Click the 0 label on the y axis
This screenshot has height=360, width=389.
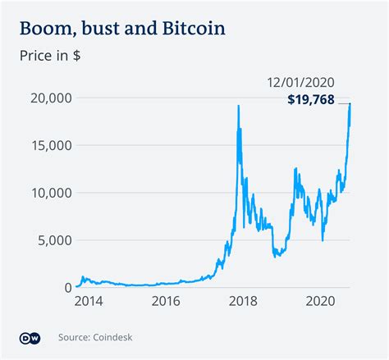(x=62, y=288)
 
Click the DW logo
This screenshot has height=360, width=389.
(x=29, y=337)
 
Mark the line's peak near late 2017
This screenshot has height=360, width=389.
(x=239, y=106)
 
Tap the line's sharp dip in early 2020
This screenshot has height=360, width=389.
(x=323, y=240)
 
